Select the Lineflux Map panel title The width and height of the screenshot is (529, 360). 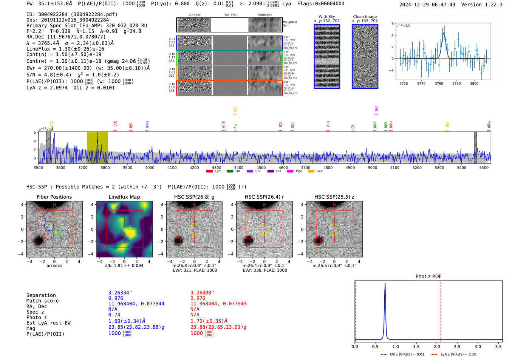(124, 197)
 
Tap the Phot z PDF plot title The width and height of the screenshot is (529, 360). (428, 276)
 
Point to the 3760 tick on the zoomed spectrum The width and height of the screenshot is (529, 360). (439, 83)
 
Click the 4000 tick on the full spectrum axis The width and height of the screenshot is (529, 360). (150, 167)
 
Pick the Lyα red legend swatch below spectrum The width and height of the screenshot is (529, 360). (209, 172)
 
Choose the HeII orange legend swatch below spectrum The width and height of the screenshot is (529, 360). (311, 172)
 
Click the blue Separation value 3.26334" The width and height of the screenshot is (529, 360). (120, 293)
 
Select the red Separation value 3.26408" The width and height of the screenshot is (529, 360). (202, 293)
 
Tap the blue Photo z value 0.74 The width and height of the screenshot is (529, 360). (114, 315)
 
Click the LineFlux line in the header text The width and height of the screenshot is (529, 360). (65, 49)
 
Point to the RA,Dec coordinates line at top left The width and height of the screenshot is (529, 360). (66, 37)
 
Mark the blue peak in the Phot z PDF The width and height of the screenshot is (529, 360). (385, 284)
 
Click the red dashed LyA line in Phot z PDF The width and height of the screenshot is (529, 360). (441, 310)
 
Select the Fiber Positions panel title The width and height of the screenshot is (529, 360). (54, 197)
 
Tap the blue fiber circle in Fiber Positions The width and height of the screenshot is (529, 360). (49, 226)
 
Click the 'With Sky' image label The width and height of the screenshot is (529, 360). (327, 17)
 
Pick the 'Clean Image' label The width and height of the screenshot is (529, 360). (365, 17)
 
